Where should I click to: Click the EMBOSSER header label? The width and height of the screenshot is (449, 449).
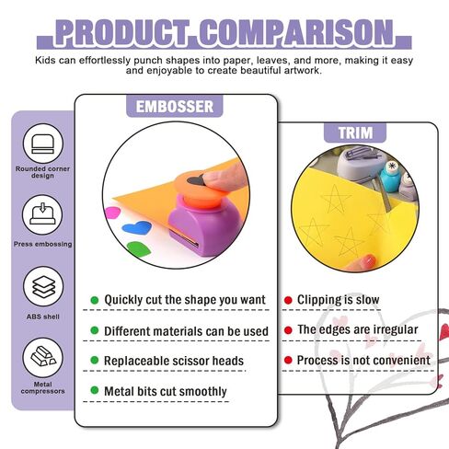coord(175,107)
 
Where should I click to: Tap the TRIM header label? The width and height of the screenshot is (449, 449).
coord(355,132)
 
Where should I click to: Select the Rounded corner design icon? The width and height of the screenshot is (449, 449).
coord(43,144)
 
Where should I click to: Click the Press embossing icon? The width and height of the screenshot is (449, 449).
coord(42,215)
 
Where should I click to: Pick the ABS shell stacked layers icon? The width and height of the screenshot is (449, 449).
coord(43,286)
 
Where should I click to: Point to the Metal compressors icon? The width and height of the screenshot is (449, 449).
coord(42,358)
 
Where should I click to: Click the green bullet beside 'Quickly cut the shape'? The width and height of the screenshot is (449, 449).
coord(95,300)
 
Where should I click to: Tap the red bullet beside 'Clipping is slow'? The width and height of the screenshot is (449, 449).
coord(288,300)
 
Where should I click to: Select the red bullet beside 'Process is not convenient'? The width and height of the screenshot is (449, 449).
coord(288,360)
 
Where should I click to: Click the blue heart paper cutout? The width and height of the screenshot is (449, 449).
coord(137,227)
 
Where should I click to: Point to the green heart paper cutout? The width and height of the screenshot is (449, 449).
coord(139,248)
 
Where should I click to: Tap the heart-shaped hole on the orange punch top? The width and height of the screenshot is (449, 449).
coord(196,181)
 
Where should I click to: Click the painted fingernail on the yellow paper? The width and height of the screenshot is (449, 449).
coord(369,260)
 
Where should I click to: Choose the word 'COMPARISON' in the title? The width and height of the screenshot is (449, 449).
coord(297,32)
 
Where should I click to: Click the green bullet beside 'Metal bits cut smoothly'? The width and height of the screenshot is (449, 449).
coord(95,390)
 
